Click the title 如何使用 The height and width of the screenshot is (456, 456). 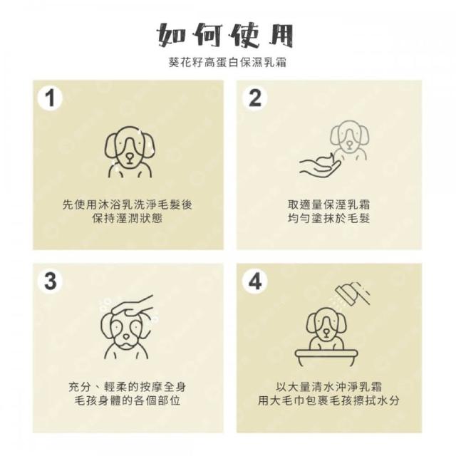[224, 36]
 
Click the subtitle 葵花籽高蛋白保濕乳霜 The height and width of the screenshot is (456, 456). [228, 63]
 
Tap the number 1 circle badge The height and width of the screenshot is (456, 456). [50, 99]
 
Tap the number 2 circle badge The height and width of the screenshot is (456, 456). [255, 98]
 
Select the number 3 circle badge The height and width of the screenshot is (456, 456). [51, 281]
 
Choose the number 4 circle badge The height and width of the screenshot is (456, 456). [255, 281]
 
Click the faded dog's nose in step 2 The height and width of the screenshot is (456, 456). [350, 144]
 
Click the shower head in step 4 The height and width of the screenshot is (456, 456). [353, 293]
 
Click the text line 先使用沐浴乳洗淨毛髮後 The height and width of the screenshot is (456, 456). [128, 204]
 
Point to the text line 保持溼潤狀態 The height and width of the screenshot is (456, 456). [128, 219]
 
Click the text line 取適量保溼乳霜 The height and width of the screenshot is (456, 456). [329, 204]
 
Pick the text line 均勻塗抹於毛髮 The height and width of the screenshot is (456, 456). [329, 219]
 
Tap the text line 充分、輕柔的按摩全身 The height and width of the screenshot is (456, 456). [128, 387]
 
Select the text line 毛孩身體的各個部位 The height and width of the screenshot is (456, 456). [128, 400]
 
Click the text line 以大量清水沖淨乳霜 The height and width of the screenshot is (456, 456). [329, 387]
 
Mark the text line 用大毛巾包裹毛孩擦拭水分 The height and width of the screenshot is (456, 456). [329, 400]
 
